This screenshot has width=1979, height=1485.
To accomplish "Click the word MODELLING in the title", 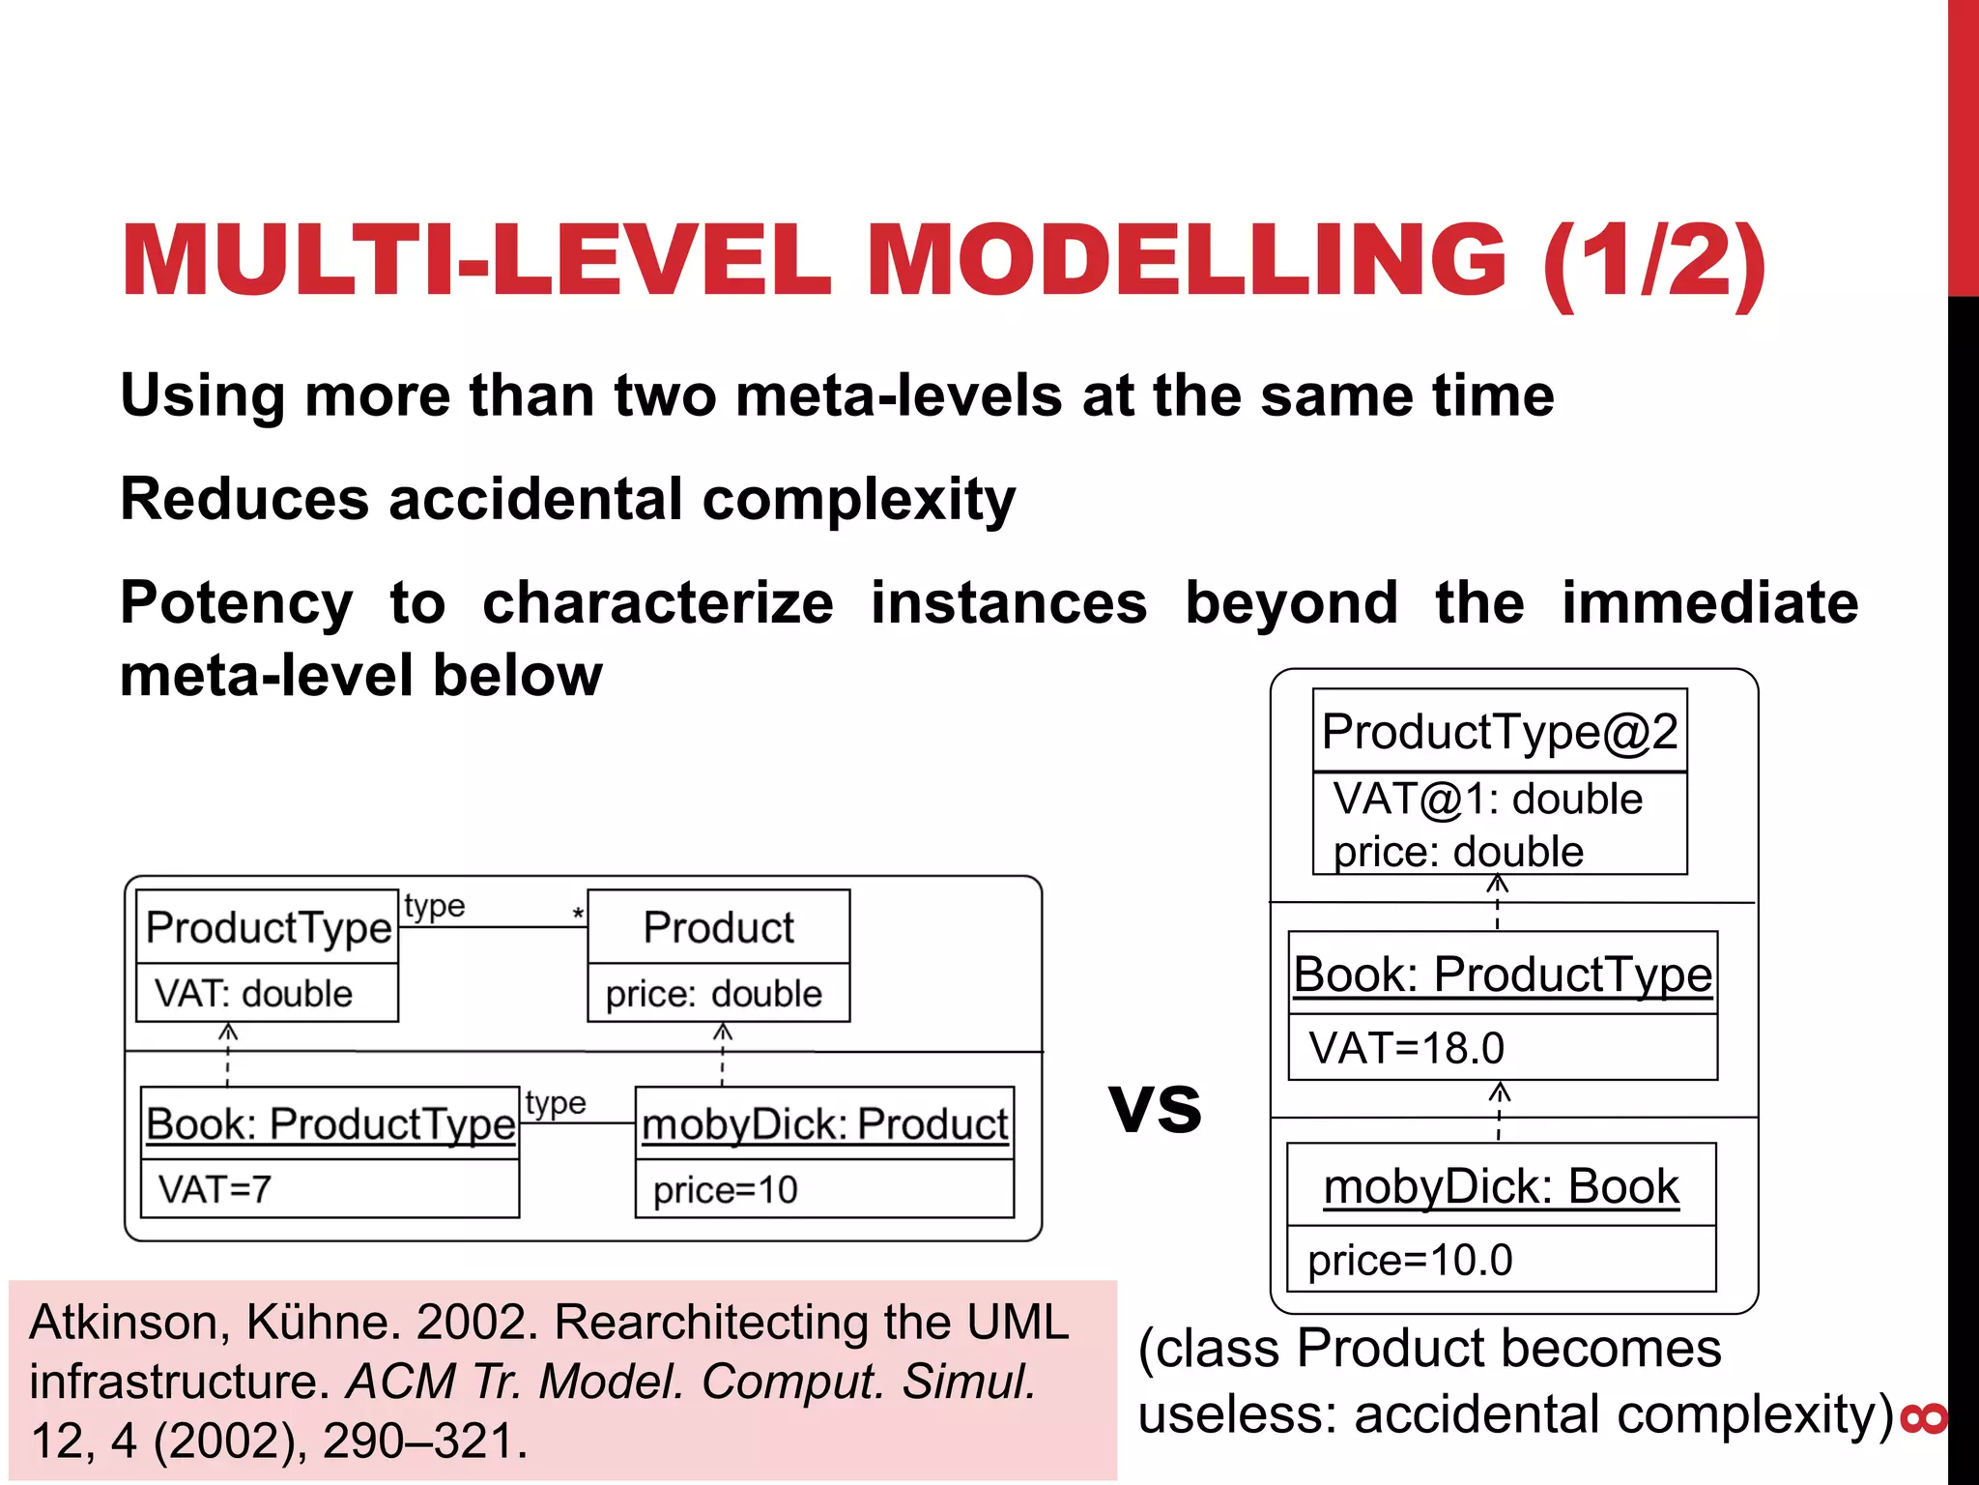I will (1186, 261).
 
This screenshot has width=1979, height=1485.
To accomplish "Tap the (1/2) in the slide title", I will (1653, 261).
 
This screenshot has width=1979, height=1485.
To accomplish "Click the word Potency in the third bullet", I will (236, 603).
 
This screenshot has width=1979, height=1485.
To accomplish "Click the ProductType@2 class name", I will (1499, 732).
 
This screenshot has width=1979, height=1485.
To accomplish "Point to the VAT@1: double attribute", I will (1487, 800).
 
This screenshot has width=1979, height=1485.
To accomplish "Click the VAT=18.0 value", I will (1406, 1048).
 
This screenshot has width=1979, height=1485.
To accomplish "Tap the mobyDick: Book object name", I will (1501, 1186).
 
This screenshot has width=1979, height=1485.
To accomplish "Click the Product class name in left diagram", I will (718, 927).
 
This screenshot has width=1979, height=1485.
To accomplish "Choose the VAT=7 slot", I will (215, 1189).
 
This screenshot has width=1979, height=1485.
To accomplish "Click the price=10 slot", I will (725, 1190).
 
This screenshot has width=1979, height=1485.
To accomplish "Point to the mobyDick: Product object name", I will (824, 1124).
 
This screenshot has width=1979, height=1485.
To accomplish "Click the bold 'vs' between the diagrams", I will (1155, 1108).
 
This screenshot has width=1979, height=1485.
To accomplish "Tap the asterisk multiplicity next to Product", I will (578, 914).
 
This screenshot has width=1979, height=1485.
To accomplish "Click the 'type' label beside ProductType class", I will (434, 907).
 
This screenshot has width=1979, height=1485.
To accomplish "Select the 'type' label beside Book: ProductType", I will (555, 1103).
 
